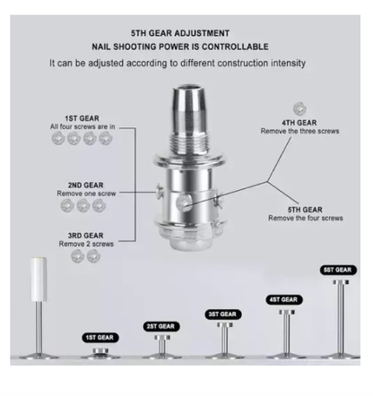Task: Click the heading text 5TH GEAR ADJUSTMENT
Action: coord(180,33)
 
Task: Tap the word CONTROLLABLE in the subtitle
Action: coord(235,47)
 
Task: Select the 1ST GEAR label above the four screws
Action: coord(82,118)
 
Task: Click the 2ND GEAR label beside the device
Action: coord(85,185)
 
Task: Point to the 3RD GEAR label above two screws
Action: coord(85,236)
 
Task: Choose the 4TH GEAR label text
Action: coord(299,123)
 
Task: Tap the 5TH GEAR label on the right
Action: coord(305,210)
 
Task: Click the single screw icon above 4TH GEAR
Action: coord(299,108)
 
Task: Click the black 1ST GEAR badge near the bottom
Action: coord(100,338)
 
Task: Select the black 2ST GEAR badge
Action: coord(160,326)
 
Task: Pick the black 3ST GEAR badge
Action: coord(222,314)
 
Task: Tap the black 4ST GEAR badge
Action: coord(284,299)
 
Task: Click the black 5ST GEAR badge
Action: coord(338,270)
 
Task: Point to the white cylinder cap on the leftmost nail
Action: coord(39,279)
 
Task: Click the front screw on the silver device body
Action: coord(184,203)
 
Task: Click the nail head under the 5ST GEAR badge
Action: coord(341,282)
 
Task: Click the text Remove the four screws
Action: coord(306,219)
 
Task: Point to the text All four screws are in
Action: coord(82,127)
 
